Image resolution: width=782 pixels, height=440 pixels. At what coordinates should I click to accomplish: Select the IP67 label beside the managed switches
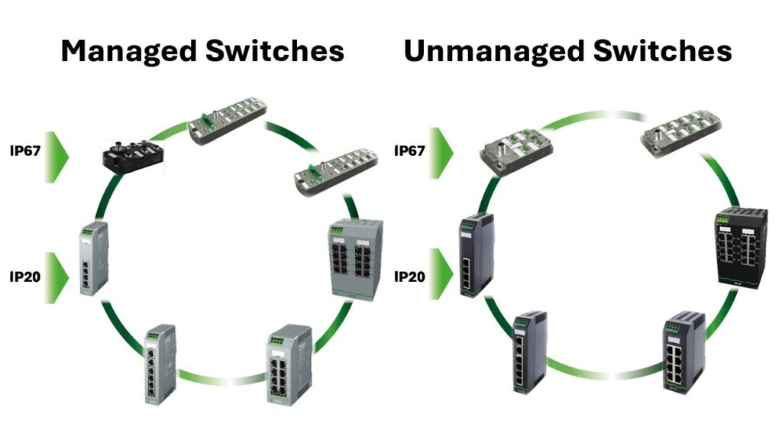(x=24, y=151)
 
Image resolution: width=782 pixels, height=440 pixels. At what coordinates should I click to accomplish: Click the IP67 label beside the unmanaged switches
(x=409, y=151)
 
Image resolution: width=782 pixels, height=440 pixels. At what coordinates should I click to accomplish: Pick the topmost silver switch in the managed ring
(x=228, y=121)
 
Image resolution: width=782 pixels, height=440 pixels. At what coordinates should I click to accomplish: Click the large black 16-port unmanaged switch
(x=738, y=247)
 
